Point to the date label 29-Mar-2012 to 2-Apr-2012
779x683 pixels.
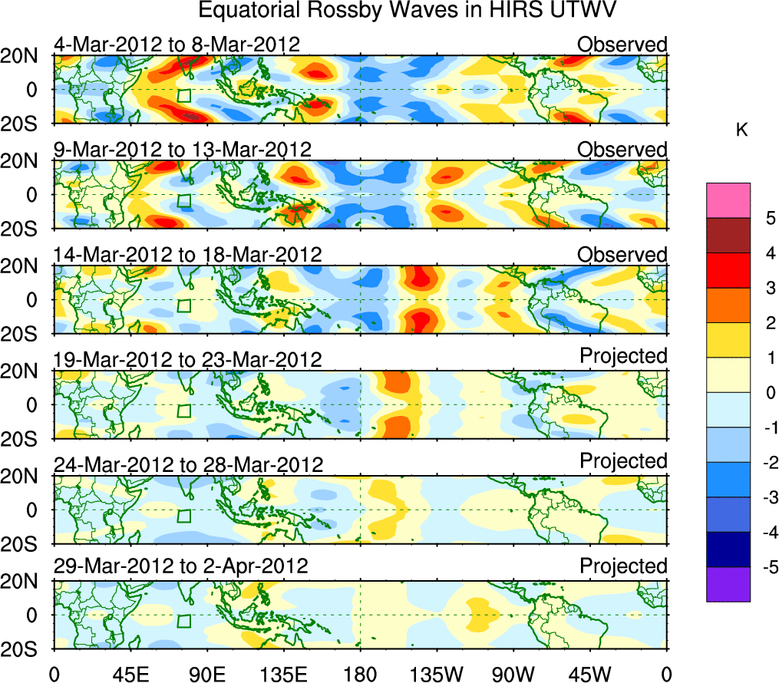tap(180, 566)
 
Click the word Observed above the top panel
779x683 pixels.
tap(622, 45)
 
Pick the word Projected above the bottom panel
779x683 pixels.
tap(623, 566)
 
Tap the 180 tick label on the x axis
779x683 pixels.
tap(360, 675)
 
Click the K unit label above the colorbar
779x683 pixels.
tap(742, 130)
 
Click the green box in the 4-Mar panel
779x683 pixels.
tap(183, 96)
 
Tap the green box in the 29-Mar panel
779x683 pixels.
tap(183, 621)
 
